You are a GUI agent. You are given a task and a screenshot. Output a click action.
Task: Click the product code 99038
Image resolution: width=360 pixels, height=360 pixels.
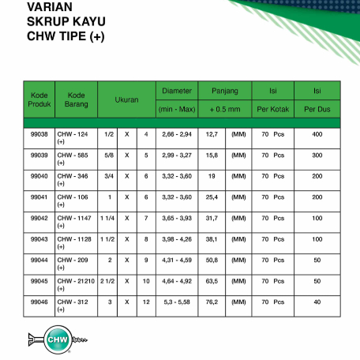tap(38, 135)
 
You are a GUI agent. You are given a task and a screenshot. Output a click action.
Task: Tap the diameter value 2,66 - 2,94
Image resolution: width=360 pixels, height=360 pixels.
tap(175, 135)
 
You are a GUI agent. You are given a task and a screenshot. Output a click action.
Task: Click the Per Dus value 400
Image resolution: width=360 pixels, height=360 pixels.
tap(317, 135)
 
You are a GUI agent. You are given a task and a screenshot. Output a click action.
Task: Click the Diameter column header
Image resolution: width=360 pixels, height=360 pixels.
tap(175, 90)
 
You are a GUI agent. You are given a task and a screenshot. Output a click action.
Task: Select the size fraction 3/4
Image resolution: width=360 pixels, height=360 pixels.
tap(109, 176)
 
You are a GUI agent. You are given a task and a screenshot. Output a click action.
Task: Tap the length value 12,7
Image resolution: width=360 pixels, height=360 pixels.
tap(211, 135)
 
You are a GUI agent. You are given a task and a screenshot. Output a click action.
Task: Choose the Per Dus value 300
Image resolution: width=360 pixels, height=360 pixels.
tap(317, 156)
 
